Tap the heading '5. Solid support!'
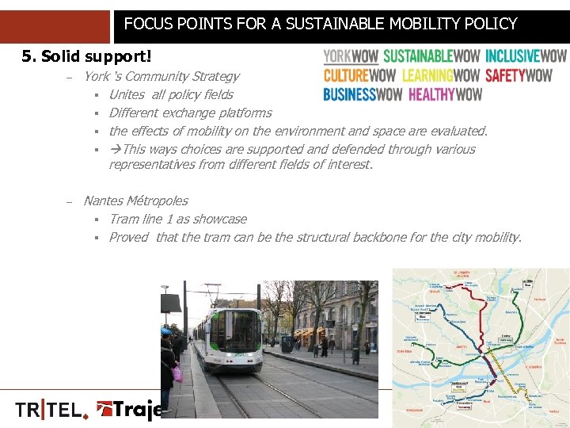86,56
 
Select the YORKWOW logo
351,56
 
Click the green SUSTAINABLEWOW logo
431,56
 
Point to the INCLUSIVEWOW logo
526,56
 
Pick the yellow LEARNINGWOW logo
441,75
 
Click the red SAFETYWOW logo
519,75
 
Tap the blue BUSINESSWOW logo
363,94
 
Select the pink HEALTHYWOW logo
445,94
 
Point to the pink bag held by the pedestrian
177,373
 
